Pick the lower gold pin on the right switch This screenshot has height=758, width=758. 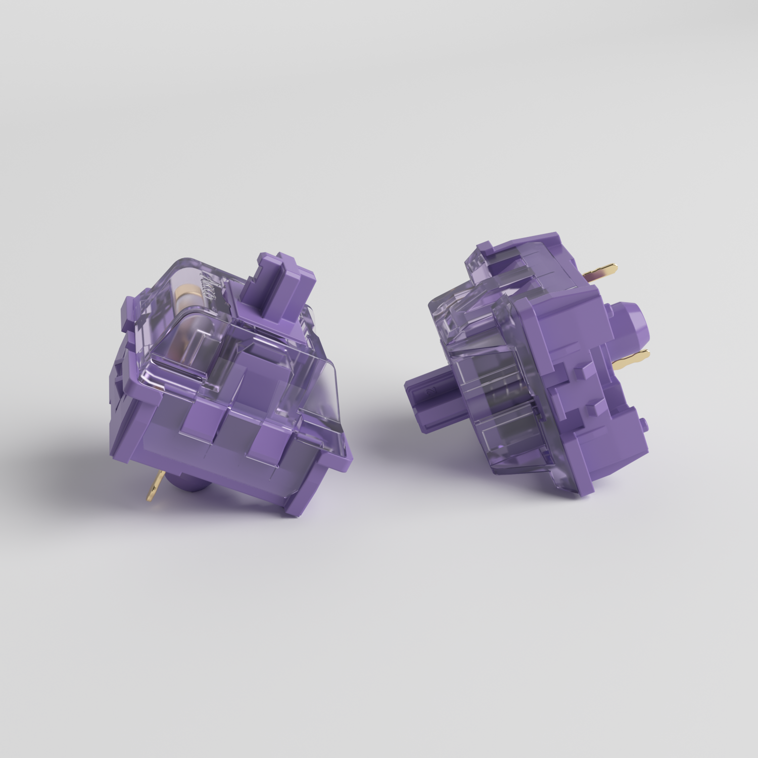(x=632, y=359)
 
